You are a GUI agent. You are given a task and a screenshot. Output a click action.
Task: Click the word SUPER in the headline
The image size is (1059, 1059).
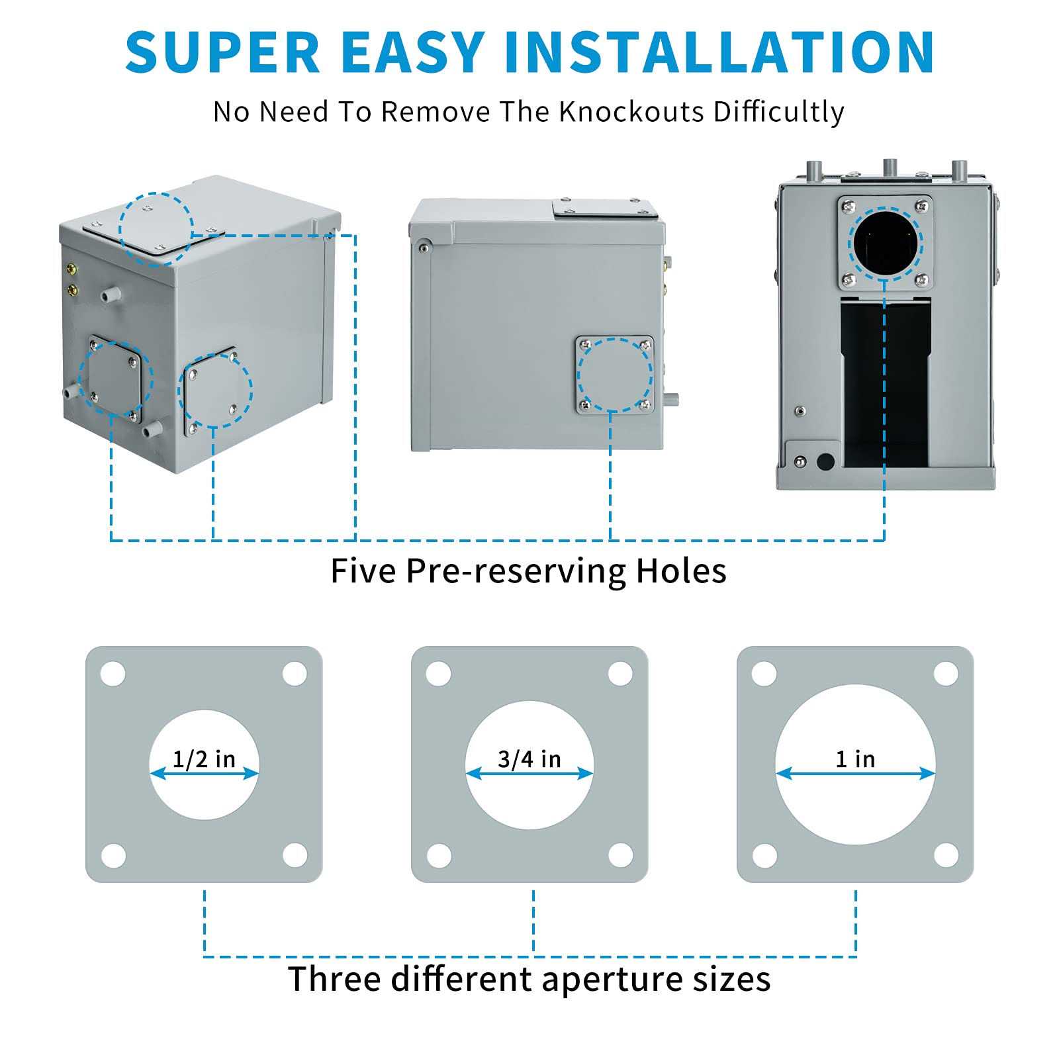tap(223, 52)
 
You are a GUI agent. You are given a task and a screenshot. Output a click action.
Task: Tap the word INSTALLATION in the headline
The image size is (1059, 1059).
tap(719, 52)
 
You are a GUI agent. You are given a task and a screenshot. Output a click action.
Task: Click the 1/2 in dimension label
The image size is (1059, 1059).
tap(204, 759)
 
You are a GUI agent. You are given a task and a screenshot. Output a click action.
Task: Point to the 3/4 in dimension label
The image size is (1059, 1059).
tap(529, 759)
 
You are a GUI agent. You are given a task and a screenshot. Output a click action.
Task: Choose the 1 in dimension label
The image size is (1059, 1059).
tap(855, 759)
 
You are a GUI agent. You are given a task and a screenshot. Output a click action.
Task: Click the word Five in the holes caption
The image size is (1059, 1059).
tap(362, 571)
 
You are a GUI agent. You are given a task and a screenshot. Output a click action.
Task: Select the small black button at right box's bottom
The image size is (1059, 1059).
tap(825, 461)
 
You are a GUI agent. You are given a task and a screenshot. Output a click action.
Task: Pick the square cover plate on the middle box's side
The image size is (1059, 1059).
tap(614, 375)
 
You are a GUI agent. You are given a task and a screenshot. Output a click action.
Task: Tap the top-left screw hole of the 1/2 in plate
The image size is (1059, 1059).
tap(113, 674)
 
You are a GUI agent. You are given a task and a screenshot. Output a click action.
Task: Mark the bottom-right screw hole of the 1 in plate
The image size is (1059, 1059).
tap(946, 855)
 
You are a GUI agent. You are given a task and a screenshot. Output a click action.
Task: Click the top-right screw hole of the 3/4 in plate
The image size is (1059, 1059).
tap(620, 674)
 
